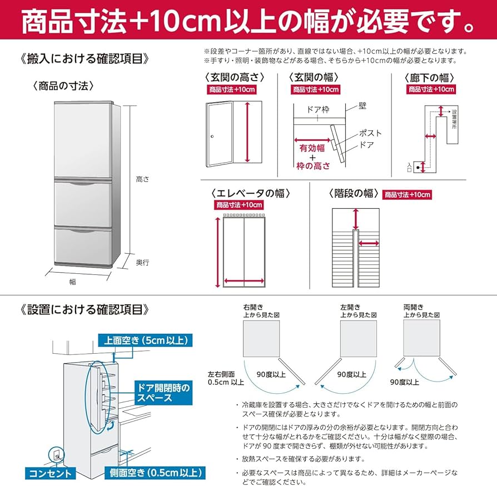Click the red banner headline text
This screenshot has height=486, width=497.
[248, 21]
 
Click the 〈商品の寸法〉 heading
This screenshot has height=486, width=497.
[62, 86]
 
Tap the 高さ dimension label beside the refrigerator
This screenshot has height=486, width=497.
[142, 179]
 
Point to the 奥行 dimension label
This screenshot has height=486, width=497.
[142, 262]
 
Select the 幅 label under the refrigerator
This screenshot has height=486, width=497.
[72, 282]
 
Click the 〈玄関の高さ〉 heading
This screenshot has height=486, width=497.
[234, 77]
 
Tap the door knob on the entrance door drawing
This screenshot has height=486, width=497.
[212, 137]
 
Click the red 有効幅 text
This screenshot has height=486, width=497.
[311, 148]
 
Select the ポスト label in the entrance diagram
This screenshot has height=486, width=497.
[370, 133]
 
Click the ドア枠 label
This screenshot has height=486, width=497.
[318, 109]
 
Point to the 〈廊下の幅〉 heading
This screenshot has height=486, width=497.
[431, 77]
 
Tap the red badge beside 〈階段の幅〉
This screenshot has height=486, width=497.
[407, 194]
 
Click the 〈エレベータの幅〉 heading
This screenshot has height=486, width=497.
[250, 193]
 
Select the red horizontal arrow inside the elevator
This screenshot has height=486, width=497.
[243, 280]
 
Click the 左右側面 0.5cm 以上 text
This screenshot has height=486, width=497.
[226, 378]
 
